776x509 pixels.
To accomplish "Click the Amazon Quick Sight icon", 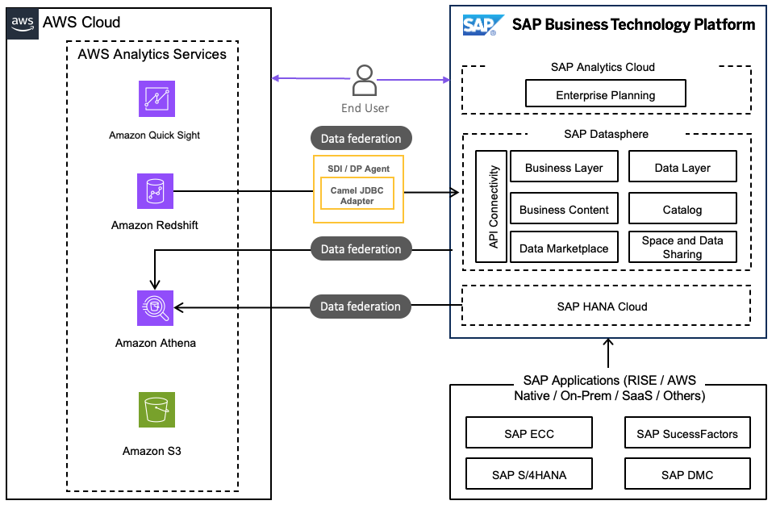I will tap(156, 99).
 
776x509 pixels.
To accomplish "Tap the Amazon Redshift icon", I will tap(155, 191).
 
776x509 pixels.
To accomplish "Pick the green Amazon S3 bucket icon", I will tap(156, 411).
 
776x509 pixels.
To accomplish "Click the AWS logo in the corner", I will tap(22, 23).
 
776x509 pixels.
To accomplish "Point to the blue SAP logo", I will tap(483, 25).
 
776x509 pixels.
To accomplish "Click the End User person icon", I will tap(365, 81).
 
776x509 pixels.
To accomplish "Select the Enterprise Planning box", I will tap(605, 94).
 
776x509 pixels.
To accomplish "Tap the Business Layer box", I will tap(564, 168).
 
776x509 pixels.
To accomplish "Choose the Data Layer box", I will tap(682, 168).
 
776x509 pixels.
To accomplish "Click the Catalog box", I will tap(682, 210).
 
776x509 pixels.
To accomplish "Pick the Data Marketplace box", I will tap(564, 248).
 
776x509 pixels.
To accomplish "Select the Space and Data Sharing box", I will tap(682, 248).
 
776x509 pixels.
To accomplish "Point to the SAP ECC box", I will tap(529, 433).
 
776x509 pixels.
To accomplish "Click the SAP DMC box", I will tap(687, 474).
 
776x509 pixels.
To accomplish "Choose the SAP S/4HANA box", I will tap(529, 474).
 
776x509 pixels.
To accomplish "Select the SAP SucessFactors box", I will tap(687, 433).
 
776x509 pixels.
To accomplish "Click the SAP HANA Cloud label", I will tap(602, 307).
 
